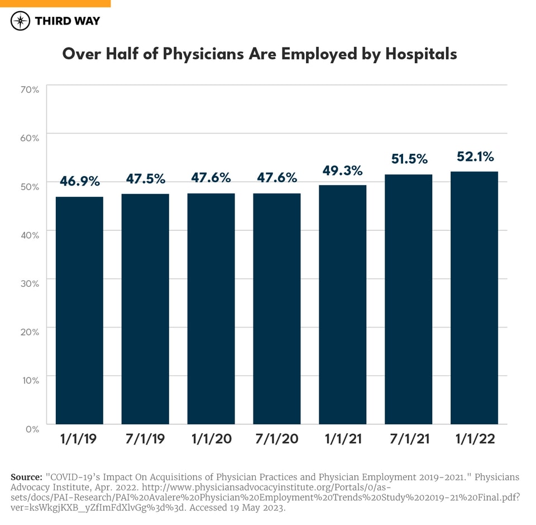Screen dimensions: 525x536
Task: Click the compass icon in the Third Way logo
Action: click(21, 21)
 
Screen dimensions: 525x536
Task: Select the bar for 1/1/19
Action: click(79, 310)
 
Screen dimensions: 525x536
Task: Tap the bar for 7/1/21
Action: click(408, 299)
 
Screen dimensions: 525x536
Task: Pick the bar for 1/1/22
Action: click(474, 297)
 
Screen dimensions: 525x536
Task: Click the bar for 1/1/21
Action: click(342, 304)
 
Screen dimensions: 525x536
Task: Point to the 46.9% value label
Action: click(79, 181)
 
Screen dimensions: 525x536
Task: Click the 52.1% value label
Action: click(475, 157)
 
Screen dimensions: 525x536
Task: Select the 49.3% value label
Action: click(342, 170)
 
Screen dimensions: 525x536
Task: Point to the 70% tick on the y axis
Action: click(29, 89)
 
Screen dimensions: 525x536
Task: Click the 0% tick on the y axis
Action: click(31, 429)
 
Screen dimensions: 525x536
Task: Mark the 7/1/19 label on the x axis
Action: click(145, 439)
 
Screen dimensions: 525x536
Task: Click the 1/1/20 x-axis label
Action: click(211, 439)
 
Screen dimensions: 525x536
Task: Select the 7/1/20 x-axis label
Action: click(276, 439)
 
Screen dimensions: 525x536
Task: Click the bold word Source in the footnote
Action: click(26, 477)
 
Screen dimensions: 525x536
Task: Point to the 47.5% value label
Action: click(145, 179)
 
